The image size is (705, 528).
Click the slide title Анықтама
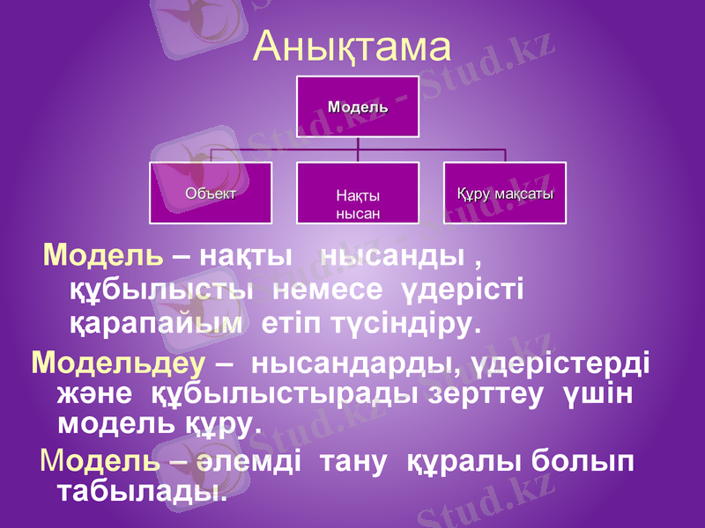coord(352,46)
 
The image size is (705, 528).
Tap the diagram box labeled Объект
coord(210,192)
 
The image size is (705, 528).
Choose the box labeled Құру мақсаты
coord(504,192)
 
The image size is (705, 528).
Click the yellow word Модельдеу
coord(117,362)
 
